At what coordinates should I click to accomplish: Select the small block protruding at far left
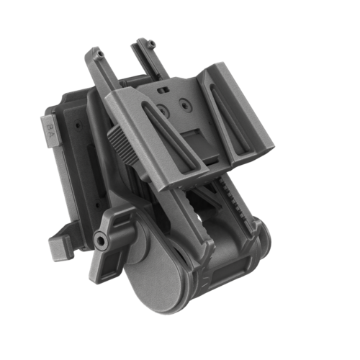pyautogui.click(x=58, y=248)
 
